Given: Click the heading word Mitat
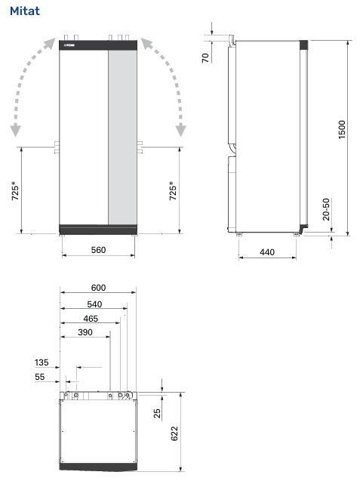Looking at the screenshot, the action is (x=25, y=11).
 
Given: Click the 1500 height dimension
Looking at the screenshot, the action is (x=342, y=129).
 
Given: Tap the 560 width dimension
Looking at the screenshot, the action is (x=98, y=250).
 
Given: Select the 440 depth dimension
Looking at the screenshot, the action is (x=267, y=252).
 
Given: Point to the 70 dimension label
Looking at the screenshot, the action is (x=205, y=57).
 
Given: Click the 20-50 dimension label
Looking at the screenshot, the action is (x=326, y=209).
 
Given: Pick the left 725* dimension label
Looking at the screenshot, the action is (x=15, y=191).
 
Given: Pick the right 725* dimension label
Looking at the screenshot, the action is (x=173, y=191).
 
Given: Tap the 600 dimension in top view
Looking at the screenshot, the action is (x=98, y=288).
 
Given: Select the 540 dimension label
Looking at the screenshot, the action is (x=94, y=304).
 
